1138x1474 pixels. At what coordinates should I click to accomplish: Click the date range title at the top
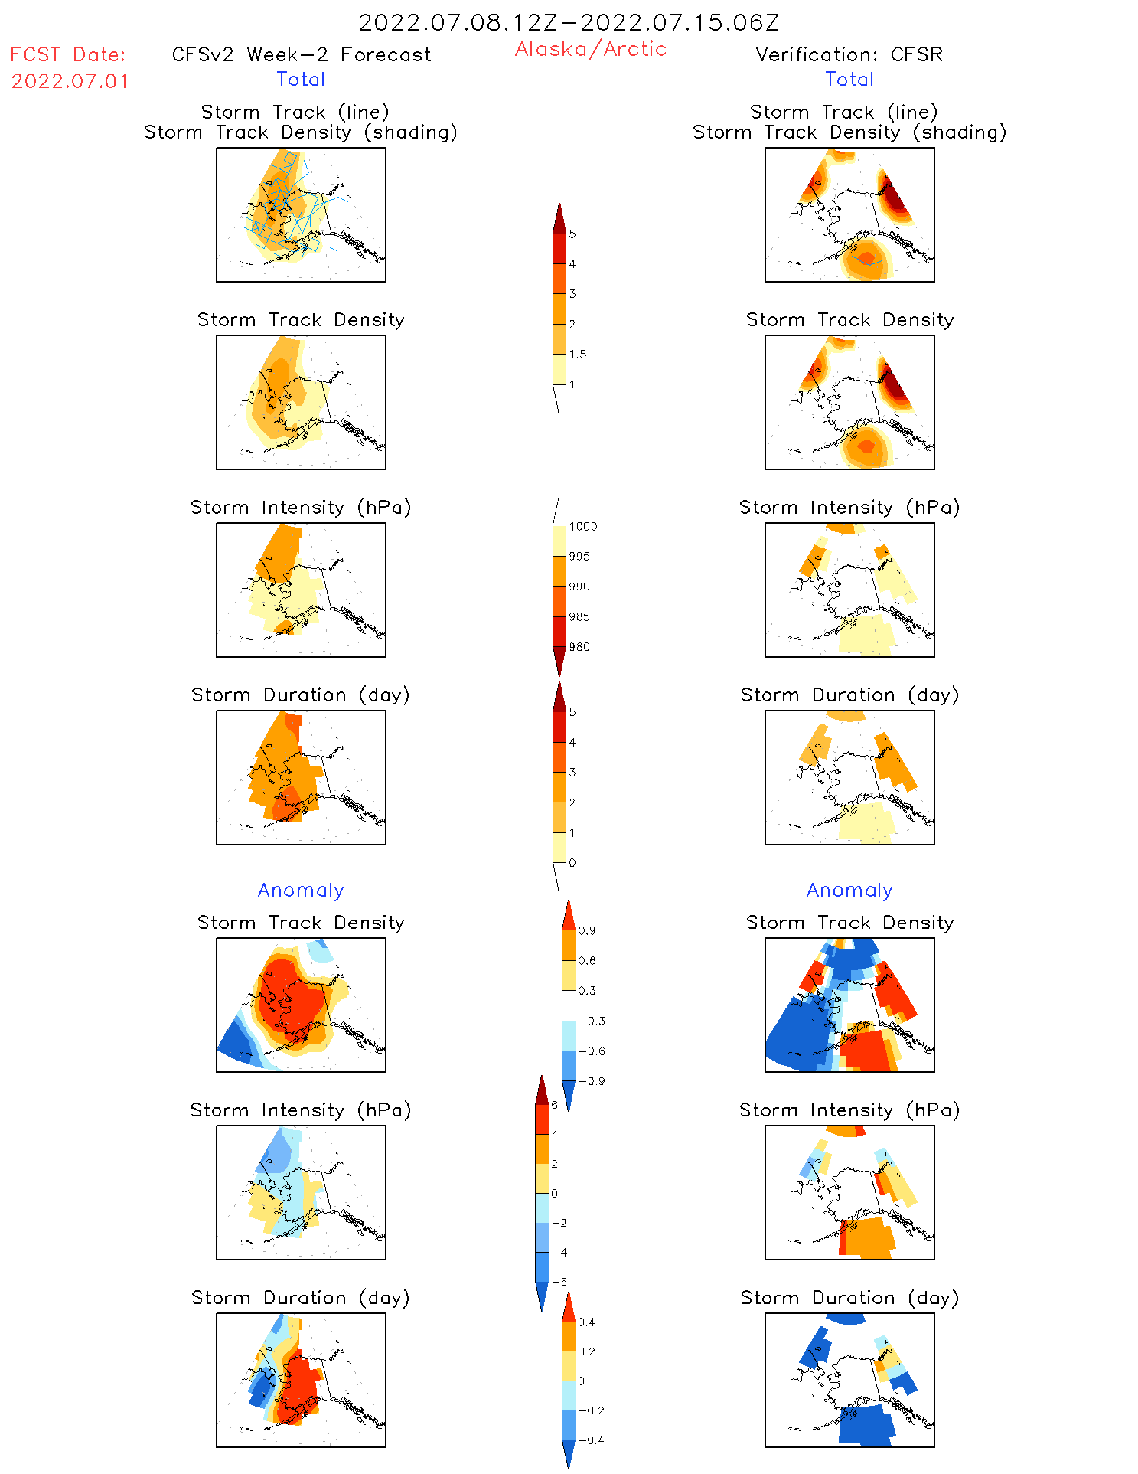point(569,23)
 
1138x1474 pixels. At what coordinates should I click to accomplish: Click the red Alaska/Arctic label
point(590,49)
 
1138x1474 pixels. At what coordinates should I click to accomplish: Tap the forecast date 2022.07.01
point(70,81)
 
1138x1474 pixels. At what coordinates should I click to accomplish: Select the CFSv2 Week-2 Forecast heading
point(302,54)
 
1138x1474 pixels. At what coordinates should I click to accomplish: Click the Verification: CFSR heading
point(849,54)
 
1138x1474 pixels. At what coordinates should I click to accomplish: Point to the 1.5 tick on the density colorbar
point(578,355)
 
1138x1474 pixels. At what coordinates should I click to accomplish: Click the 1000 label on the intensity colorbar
point(582,527)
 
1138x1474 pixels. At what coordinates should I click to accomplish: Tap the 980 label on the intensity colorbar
point(579,647)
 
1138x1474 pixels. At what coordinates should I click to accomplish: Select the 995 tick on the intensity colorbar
point(579,557)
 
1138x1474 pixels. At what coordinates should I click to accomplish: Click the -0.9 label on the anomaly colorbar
point(592,1081)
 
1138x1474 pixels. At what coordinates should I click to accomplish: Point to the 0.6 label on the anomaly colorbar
point(587,961)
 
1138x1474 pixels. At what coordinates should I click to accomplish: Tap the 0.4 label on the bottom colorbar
point(587,1322)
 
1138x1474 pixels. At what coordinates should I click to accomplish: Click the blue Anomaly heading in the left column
point(301,891)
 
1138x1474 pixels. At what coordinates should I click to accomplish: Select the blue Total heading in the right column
point(849,80)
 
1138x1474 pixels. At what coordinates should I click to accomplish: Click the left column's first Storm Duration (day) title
point(301,695)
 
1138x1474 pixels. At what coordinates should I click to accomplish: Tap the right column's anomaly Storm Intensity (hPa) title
point(849,1110)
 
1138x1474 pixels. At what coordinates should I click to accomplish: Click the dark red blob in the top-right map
point(893,201)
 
